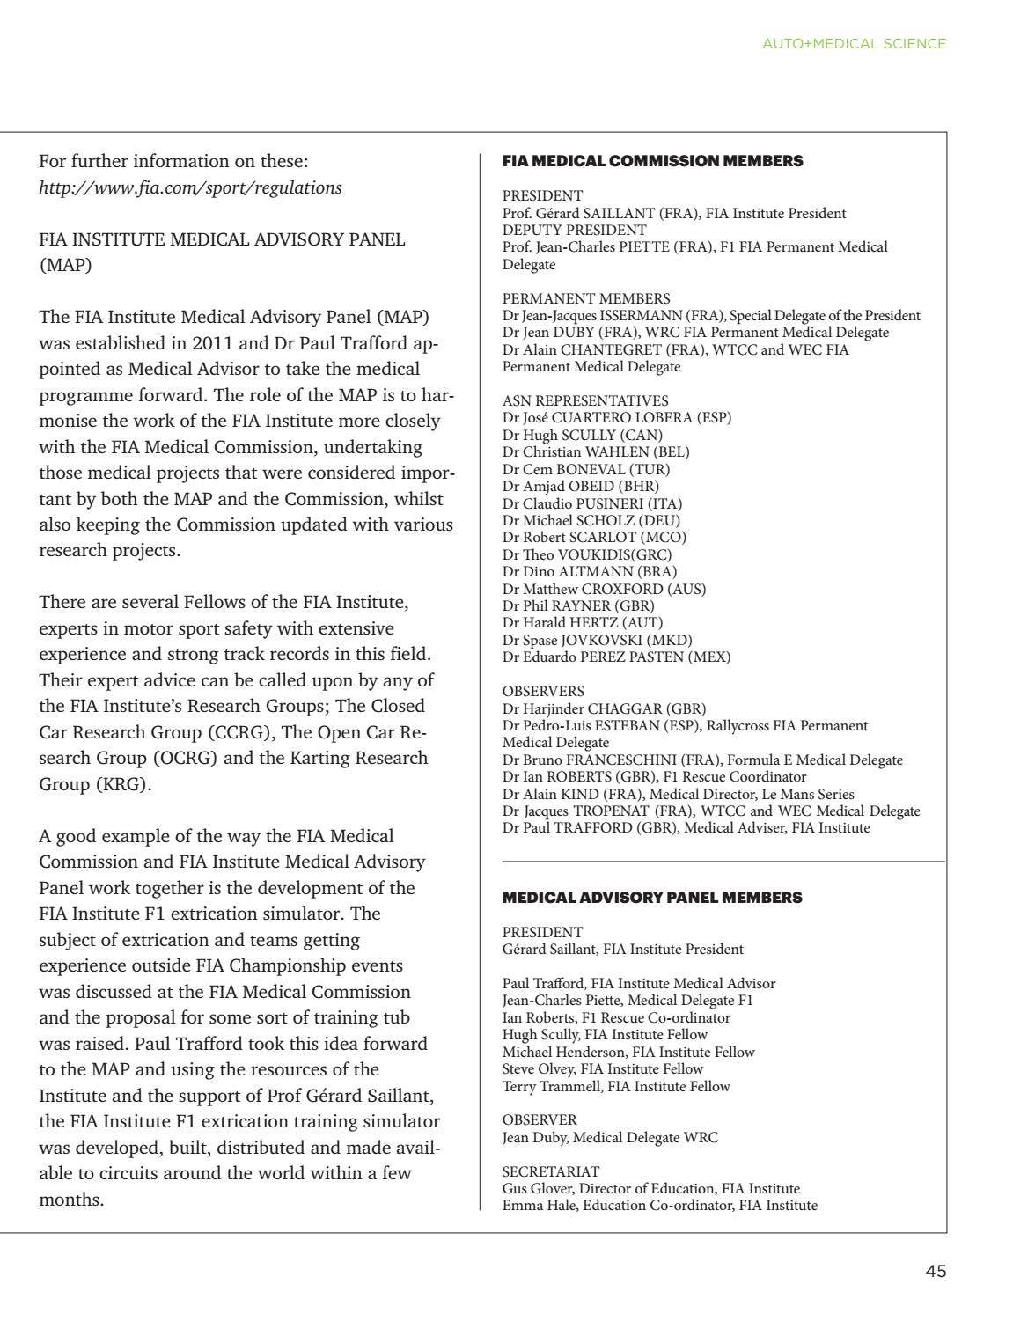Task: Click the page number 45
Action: point(935,1271)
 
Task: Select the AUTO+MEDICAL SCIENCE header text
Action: point(854,43)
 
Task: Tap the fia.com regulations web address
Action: point(190,187)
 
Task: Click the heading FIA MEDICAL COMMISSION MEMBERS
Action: point(652,161)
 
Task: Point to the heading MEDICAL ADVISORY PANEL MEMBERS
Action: point(651,898)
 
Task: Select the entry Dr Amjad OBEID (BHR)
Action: point(580,486)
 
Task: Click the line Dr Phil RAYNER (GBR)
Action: point(578,605)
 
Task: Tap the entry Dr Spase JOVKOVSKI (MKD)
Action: point(597,640)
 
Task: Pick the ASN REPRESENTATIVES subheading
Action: point(584,400)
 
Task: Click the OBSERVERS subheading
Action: point(543,691)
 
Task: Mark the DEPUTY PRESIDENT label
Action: point(574,230)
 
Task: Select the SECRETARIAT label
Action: point(550,1171)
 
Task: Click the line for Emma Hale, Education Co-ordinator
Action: point(659,1205)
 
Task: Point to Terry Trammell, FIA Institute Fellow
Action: point(616,1086)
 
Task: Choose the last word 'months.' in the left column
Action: point(71,1199)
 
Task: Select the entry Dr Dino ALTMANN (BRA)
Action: point(578,571)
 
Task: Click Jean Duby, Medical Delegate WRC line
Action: point(610,1137)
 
